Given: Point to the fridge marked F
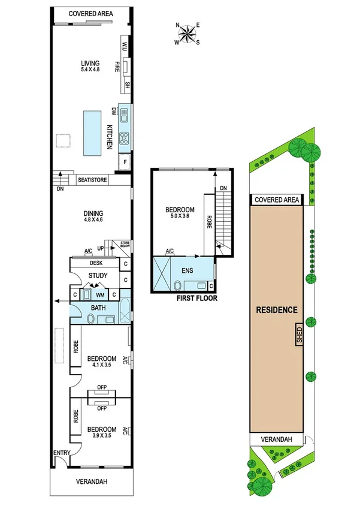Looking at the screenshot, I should [125, 162].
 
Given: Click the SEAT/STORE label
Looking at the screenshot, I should [92, 179].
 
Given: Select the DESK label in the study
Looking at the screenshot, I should [96, 263].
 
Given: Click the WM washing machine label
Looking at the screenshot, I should [101, 294].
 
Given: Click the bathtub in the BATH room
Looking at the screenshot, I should [125, 311].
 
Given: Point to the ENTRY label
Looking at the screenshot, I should [62, 453].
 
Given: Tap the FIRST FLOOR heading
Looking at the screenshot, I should [196, 298].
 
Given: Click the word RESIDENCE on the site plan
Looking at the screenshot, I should [277, 310].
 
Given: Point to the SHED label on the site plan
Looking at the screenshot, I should [299, 335].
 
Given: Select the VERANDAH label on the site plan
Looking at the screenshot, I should [277, 440].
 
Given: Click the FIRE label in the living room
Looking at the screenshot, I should [117, 66].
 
